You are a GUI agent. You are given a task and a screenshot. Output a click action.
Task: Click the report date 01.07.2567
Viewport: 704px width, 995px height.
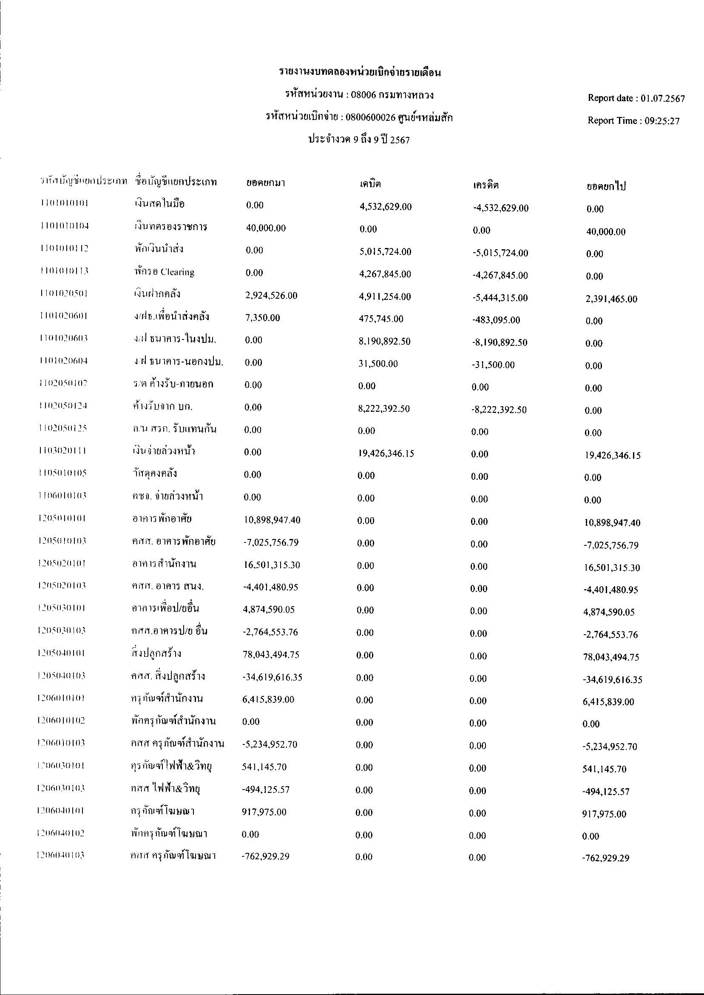coord(663,98)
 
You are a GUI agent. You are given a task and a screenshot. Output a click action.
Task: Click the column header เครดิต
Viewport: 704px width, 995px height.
coord(485,185)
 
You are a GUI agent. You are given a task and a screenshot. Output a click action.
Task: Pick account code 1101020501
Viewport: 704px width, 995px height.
coord(63,294)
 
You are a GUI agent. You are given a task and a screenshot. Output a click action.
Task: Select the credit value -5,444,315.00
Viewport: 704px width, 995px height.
coord(500,298)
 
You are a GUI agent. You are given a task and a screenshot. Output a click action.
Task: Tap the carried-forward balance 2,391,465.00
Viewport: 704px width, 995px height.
coord(611,299)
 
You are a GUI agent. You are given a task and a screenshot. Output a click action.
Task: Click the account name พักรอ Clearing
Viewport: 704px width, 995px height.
coord(164,272)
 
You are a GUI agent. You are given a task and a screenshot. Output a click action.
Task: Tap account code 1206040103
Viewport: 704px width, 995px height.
coord(61,855)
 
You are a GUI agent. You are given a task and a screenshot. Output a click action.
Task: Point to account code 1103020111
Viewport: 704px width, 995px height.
coord(62,450)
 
